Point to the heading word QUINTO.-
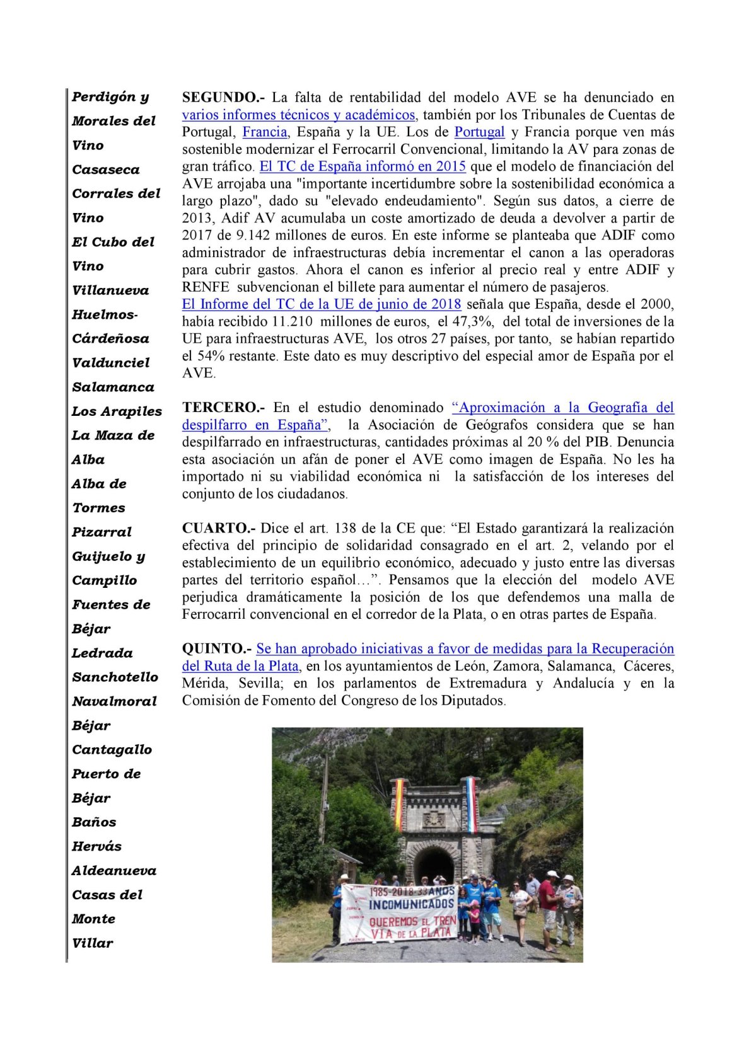click(x=217, y=649)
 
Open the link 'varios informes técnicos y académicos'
click(x=298, y=115)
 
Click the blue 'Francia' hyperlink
click(x=265, y=132)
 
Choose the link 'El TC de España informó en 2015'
click(x=363, y=166)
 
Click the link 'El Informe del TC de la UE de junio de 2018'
click(x=322, y=304)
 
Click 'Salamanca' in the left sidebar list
click(x=113, y=387)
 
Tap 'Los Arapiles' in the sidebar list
click(x=117, y=411)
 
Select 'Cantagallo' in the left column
click(x=112, y=750)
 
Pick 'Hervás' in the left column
click(x=96, y=846)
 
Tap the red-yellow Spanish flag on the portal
click(x=398, y=803)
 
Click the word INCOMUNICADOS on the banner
click(x=411, y=904)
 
